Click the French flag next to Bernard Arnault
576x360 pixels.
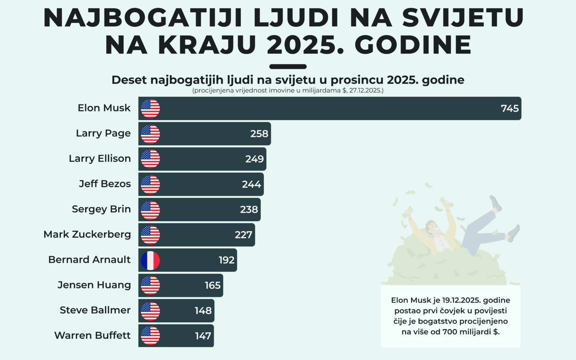tap(150, 260)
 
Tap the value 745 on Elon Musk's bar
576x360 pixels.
tap(510, 108)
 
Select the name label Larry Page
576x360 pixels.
tap(103, 133)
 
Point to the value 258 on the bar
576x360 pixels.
tap(259, 134)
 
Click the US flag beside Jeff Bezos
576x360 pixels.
tap(150, 185)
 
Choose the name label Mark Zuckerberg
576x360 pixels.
tap(87, 234)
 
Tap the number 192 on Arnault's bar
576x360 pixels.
tap(226, 260)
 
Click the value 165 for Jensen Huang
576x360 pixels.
tap(212, 285)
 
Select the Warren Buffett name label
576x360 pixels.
tap(93, 336)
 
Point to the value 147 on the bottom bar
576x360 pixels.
tap(203, 336)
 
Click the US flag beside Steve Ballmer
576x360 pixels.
tap(150, 311)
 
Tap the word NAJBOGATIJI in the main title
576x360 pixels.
tap(147, 18)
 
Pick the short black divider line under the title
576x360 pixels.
tap(288, 67)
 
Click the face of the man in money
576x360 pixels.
tap(432, 228)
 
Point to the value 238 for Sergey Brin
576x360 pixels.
tap(249, 210)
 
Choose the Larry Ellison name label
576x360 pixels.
tap(100, 158)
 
